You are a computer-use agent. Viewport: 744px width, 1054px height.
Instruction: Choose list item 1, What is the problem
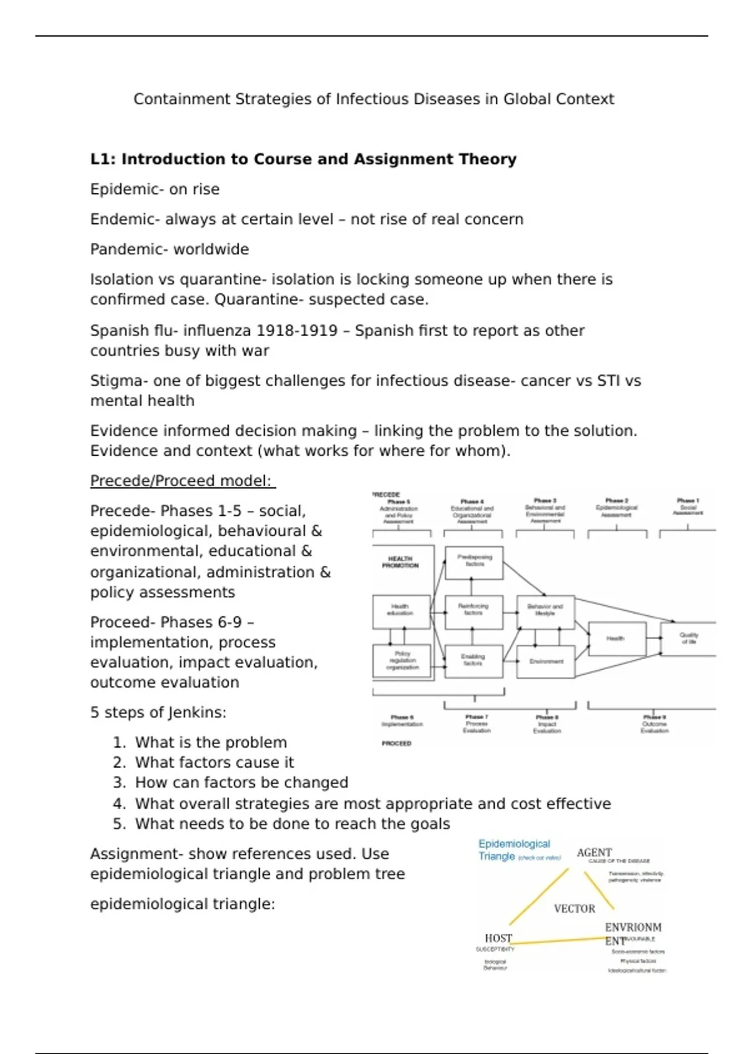tap(211, 742)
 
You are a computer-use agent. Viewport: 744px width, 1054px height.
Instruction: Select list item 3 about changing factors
tap(241, 782)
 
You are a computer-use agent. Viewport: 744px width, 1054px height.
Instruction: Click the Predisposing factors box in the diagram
tap(474, 562)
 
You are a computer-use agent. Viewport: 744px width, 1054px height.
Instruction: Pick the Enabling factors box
tap(473, 661)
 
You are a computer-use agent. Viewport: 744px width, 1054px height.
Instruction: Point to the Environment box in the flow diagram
tap(546, 662)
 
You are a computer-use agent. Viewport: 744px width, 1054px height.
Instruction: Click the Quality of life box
tap(688, 639)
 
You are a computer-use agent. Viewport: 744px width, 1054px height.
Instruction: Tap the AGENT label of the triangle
tap(594, 852)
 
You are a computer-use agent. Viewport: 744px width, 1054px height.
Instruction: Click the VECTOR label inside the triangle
tap(574, 909)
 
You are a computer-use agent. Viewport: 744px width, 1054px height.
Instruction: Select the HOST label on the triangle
tap(498, 938)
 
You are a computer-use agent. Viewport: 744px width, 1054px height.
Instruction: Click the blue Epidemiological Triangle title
tap(514, 849)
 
